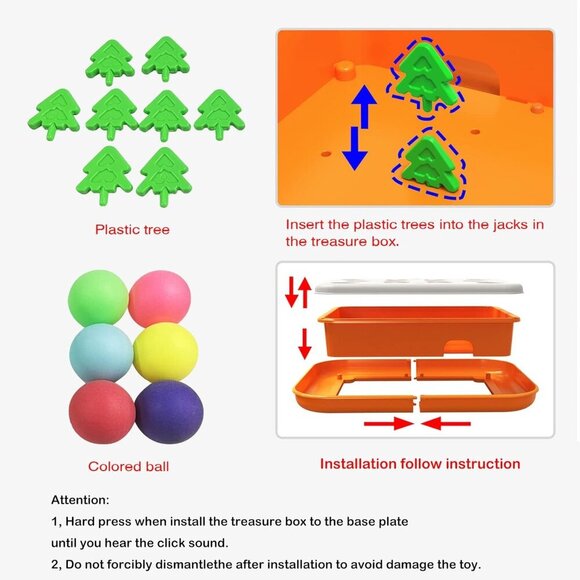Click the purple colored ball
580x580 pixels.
(x=169, y=412)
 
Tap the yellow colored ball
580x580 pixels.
(x=166, y=352)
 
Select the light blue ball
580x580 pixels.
(x=101, y=353)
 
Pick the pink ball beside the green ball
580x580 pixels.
(x=159, y=299)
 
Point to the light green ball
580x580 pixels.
(x=98, y=299)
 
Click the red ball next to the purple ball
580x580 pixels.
(x=102, y=412)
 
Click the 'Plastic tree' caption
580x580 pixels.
(x=132, y=230)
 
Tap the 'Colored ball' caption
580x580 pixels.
(x=128, y=466)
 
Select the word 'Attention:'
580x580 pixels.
(x=80, y=500)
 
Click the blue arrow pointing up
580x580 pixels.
(x=364, y=107)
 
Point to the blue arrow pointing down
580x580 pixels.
(x=355, y=149)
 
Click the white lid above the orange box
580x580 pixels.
(x=419, y=287)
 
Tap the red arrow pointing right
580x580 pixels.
(x=388, y=424)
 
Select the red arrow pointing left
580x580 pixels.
(x=446, y=424)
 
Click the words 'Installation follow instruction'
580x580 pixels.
(x=420, y=464)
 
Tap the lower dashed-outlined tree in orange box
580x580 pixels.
(x=430, y=164)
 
